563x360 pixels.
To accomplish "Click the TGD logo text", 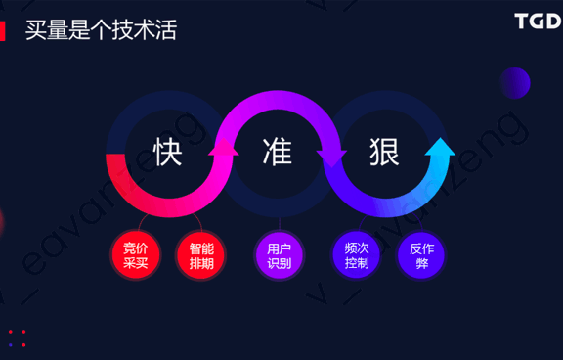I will pyautogui.click(x=537, y=21).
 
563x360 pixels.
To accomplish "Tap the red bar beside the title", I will pyautogui.click(x=3, y=30).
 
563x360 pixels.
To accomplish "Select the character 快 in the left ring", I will pyautogui.click(x=168, y=152).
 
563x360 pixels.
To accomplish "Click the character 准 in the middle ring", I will pyautogui.click(x=278, y=152).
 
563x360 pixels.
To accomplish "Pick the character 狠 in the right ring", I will pyautogui.click(x=384, y=152).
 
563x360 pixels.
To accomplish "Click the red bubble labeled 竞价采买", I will pyautogui.click(x=136, y=255).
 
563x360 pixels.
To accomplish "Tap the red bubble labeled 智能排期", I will pyautogui.click(x=201, y=255).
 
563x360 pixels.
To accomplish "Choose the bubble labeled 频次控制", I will pyautogui.click(x=357, y=255).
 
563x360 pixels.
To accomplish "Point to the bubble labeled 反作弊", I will pyautogui.click(x=421, y=255).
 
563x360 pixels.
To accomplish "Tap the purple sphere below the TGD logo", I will pyautogui.click(x=514, y=83).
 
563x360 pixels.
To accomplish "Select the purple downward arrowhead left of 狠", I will pyautogui.click(x=332, y=157).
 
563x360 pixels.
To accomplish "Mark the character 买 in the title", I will pyautogui.click(x=36, y=30).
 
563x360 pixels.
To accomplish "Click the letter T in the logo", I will pyautogui.click(x=522, y=21).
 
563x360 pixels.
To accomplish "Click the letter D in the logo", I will pyautogui.click(x=552, y=21).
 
